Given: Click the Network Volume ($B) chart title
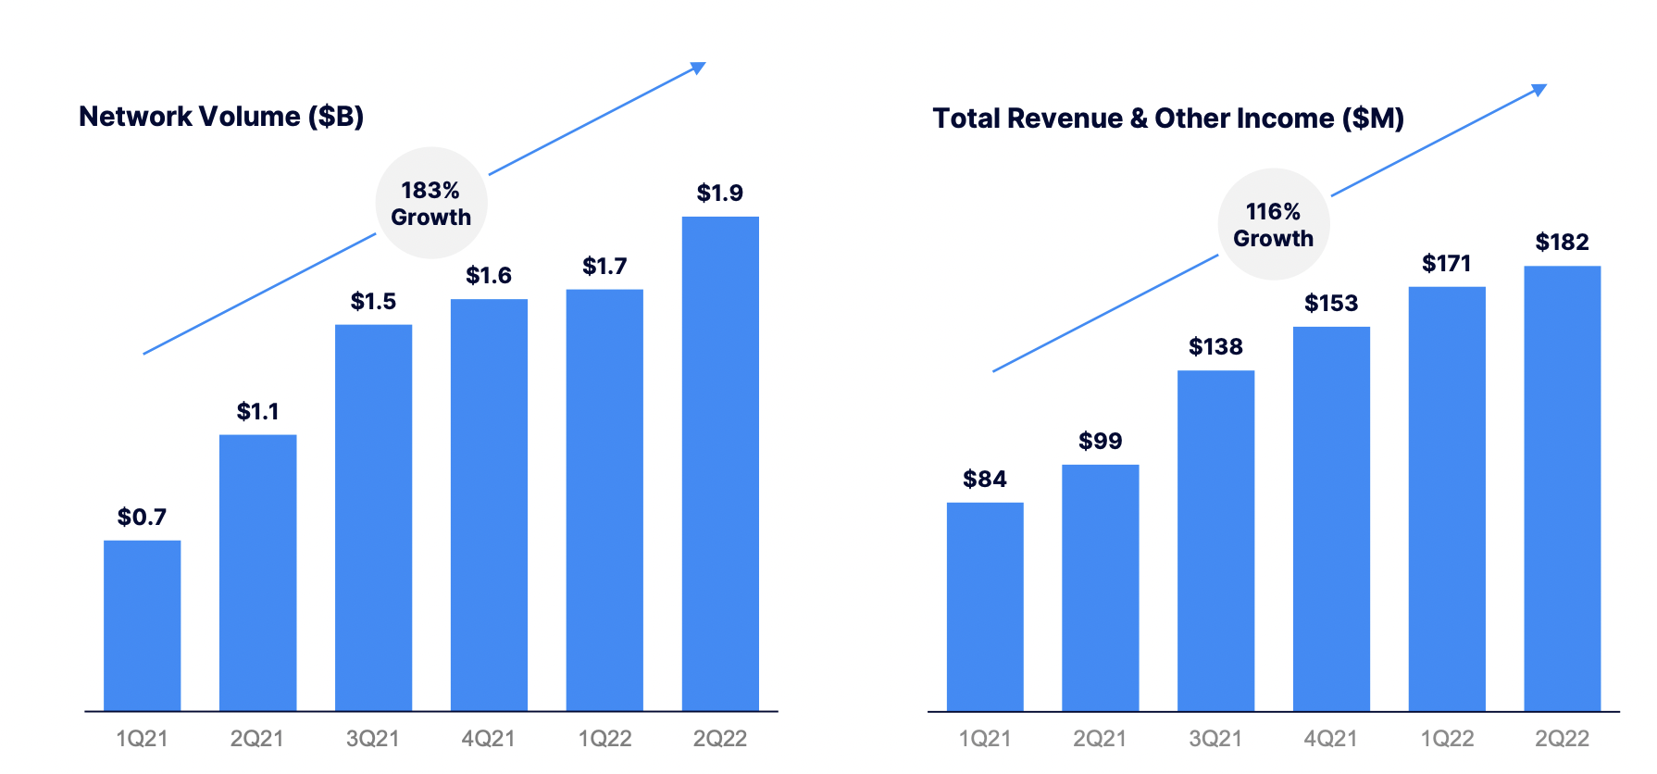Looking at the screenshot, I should click(221, 117).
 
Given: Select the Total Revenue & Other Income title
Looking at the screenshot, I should click(1168, 119).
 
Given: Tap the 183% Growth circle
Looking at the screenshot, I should click(430, 203).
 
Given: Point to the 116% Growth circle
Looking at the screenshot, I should click(1273, 224).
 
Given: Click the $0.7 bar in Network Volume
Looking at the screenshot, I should click(142, 625).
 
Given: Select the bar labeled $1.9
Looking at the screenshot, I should click(720, 463).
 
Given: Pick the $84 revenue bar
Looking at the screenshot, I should click(985, 606).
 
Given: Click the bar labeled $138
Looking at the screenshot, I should click(1215, 541).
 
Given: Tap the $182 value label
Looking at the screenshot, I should click(1562, 243).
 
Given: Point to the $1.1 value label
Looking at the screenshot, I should click(257, 411).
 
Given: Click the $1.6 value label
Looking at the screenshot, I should click(489, 276).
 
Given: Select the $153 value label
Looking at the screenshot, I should click(1331, 304).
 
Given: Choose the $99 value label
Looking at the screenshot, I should click(1100, 442).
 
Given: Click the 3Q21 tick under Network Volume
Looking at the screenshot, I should click(372, 739).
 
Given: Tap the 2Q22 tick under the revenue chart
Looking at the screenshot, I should click(1562, 739).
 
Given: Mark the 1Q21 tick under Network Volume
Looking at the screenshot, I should click(142, 739).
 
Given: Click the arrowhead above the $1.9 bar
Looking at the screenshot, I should click(699, 68).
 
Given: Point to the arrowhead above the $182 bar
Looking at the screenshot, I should click(1539, 90).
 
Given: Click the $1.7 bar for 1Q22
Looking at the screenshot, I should click(604, 500).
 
